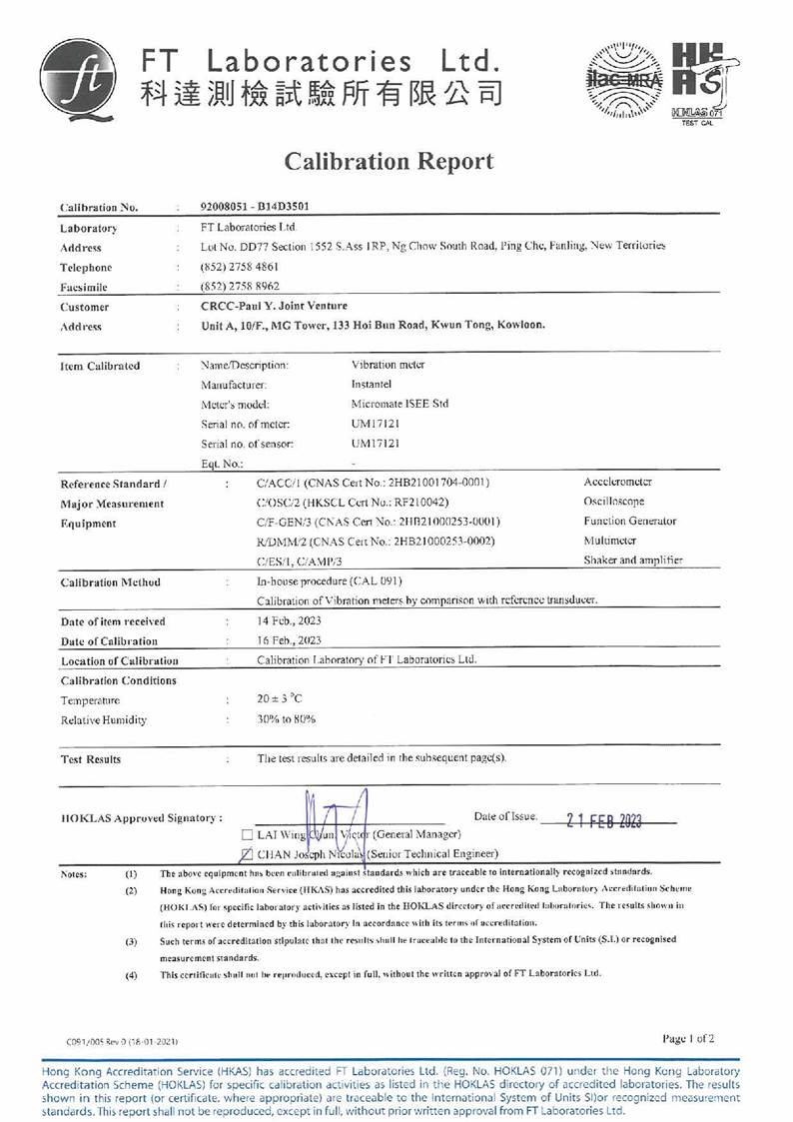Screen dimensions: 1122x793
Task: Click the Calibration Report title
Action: pyautogui.click(x=389, y=161)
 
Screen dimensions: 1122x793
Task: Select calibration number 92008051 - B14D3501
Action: pyautogui.click(x=255, y=208)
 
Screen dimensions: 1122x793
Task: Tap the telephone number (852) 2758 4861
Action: pyautogui.click(x=240, y=267)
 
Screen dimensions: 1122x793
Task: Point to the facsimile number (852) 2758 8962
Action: pyautogui.click(x=240, y=287)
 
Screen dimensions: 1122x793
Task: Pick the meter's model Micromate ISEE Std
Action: pyautogui.click(x=399, y=404)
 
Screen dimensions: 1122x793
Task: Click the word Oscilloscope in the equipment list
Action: pyautogui.click(x=614, y=502)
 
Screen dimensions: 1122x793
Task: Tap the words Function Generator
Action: pyautogui.click(x=629, y=521)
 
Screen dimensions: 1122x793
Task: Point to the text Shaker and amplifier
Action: pyautogui.click(x=633, y=561)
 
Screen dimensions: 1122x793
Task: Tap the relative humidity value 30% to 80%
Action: pyautogui.click(x=286, y=719)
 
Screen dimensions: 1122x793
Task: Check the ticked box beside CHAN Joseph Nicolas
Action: pyautogui.click(x=248, y=854)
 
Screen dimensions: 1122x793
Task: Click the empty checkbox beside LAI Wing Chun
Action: pyautogui.click(x=248, y=834)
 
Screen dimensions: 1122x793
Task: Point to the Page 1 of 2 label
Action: pyautogui.click(x=688, y=1038)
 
